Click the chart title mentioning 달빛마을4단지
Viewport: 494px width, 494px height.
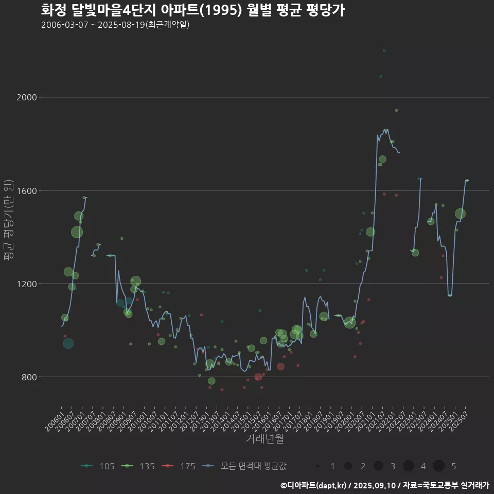(x=192, y=10)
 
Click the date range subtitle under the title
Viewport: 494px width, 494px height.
(x=115, y=25)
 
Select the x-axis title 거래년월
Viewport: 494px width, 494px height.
(x=264, y=438)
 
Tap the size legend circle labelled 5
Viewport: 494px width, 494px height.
(x=438, y=466)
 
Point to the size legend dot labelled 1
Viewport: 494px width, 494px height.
(x=319, y=466)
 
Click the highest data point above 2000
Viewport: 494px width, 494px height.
(x=384, y=50)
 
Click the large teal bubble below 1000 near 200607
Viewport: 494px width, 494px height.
(x=68, y=343)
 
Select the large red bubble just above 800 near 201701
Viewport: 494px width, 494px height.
(x=280, y=366)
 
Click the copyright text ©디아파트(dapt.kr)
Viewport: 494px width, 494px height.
(x=314, y=485)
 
